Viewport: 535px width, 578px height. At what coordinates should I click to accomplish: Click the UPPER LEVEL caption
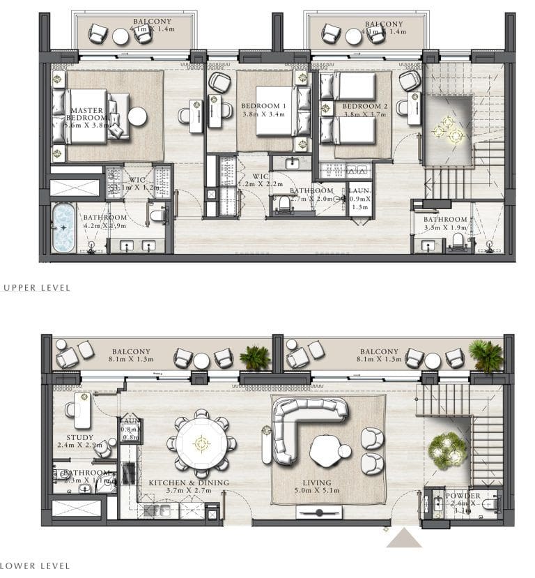36,287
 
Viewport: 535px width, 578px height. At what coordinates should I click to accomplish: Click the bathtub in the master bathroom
64,227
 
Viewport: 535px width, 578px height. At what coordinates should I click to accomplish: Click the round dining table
202,441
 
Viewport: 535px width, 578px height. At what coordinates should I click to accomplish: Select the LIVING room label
317,482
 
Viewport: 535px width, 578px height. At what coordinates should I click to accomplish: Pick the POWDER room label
463,496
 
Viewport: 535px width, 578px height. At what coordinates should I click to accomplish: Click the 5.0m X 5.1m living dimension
317,492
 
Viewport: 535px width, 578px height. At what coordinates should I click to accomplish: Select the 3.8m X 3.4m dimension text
264,114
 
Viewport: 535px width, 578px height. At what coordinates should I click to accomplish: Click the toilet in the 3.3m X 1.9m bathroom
458,241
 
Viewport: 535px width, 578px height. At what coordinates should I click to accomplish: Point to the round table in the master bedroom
138,116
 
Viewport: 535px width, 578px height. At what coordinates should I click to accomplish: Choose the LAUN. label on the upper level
359,190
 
